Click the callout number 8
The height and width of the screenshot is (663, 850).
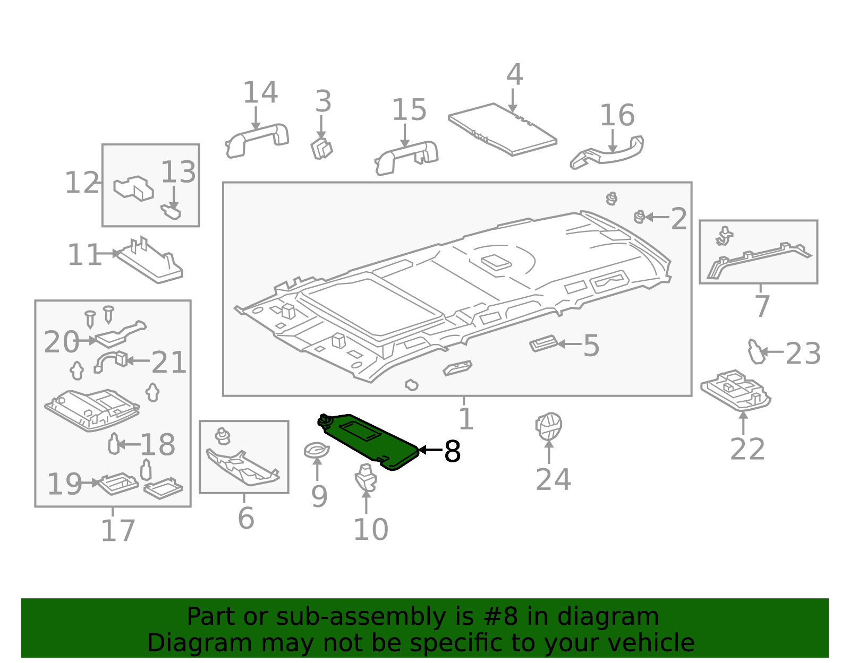452,452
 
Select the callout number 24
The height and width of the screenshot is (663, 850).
553,480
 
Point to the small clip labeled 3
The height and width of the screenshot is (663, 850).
321,148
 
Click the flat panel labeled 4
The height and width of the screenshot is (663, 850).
502,130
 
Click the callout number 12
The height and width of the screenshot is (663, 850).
82,183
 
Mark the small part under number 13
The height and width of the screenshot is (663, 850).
171,212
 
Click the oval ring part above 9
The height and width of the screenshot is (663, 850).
317,451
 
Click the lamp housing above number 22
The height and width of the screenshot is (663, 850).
736,390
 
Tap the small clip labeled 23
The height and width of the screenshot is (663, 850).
755,352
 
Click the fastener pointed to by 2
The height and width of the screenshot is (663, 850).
640,217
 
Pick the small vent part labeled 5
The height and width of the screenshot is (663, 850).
543,344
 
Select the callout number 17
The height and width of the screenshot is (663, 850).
118,531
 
